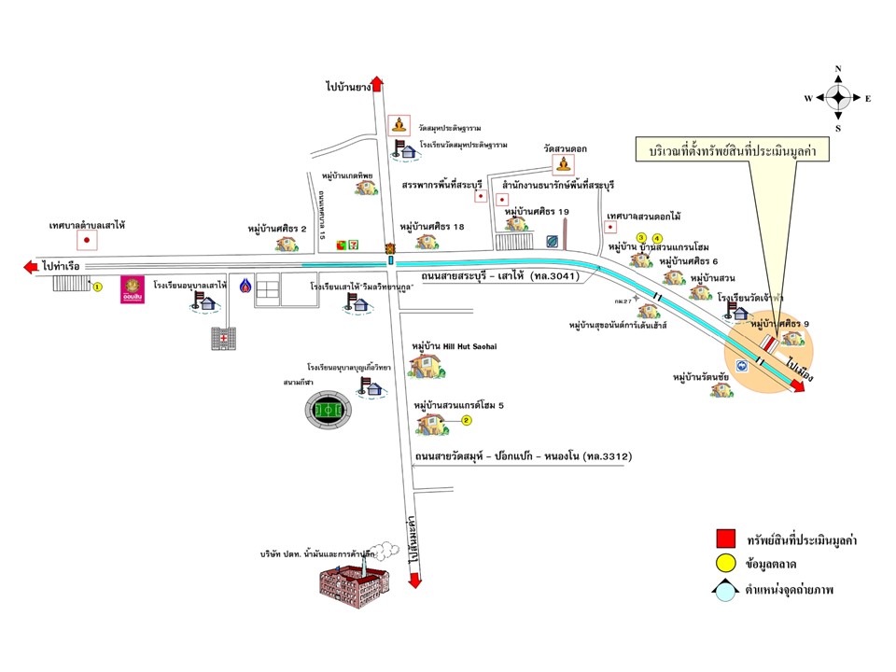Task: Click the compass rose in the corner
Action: click(838, 97)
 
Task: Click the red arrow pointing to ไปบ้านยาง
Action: click(377, 85)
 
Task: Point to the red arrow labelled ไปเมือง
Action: click(795, 385)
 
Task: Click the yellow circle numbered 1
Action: click(96, 287)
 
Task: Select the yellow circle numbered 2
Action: click(467, 421)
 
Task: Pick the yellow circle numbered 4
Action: click(657, 237)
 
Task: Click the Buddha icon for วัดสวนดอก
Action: click(563, 164)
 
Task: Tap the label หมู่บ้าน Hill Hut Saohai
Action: click(454, 345)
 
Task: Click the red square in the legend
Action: click(725, 539)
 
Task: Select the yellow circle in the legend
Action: click(725, 564)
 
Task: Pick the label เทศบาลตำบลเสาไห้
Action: click(88, 225)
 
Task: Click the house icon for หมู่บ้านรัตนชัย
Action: click(721, 389)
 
